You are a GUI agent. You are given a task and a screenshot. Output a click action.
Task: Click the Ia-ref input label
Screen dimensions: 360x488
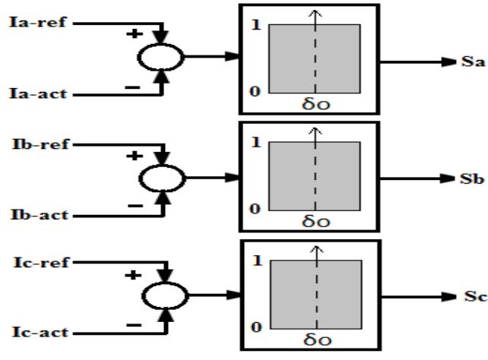click(x=31, y=24)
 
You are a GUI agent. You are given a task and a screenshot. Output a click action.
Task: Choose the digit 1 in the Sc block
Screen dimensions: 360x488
click(x=255, y=261)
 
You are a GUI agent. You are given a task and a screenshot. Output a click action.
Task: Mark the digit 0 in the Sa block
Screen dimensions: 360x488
click(x=255, y=91)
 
